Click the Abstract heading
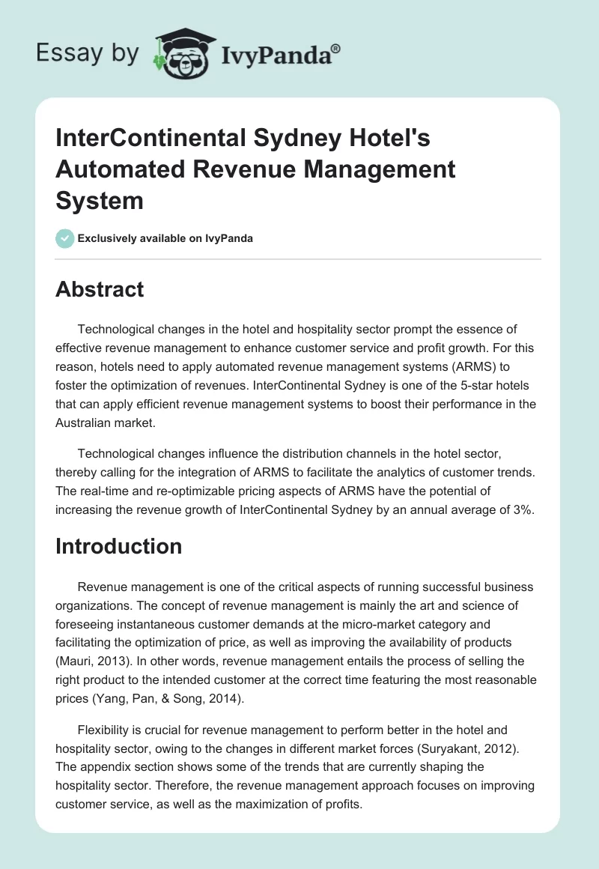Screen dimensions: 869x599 coord(100,289)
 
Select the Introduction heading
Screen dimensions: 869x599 coord(118,546)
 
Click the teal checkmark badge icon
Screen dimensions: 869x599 coord(65,238)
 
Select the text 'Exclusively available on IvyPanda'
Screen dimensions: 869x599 coord(165,238)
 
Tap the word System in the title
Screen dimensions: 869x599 coord(99,200)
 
